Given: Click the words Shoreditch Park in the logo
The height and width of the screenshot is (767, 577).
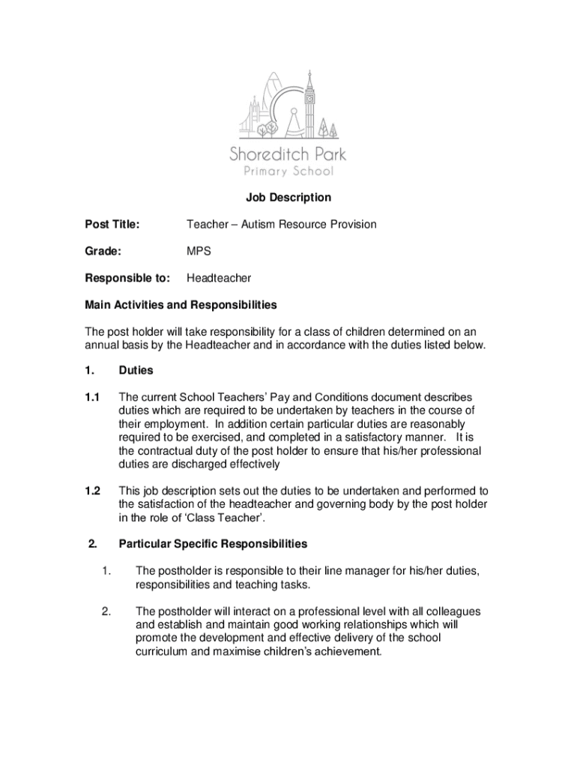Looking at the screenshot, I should tap(288, 156).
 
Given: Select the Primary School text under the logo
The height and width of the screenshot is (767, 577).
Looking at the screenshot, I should tap(288, 172).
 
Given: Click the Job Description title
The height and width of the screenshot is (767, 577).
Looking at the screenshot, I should tap(288, 198).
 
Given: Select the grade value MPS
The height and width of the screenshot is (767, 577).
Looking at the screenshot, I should tap(199, 252).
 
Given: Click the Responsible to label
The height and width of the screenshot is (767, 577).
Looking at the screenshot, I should tap(127, 279).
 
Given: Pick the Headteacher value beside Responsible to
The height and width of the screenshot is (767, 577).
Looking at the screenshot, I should tap(219, 279).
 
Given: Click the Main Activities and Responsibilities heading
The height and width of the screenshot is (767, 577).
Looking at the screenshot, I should tap(181, 306).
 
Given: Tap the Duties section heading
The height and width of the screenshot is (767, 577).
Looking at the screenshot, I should tap(136, 370).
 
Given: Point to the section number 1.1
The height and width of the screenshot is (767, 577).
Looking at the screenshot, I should tap(92, 397).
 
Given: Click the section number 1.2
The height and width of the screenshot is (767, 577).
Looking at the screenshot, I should tap(92, 491).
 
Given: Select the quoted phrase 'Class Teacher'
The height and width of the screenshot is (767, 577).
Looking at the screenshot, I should tap(232, 518).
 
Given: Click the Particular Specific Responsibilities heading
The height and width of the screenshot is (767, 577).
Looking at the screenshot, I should tap(213, 544).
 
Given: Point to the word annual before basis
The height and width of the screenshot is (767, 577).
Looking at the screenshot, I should tap(102, 345).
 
